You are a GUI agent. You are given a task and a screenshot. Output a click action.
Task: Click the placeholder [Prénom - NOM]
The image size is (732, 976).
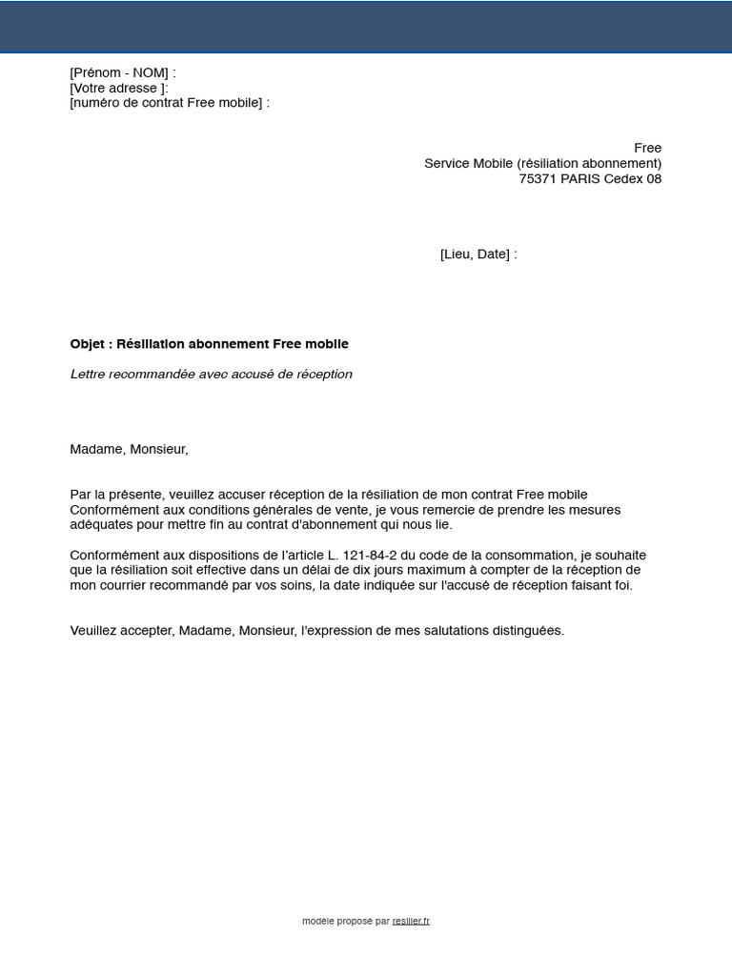coord(119,73)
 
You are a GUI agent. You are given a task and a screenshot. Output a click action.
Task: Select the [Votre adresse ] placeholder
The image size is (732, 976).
coord(117,89)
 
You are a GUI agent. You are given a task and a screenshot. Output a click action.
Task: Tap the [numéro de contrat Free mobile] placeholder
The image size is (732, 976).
coord(166,103)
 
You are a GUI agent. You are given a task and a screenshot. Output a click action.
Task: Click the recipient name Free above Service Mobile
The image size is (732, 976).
coord(647,148)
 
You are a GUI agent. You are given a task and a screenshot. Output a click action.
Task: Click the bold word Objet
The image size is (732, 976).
coord(89,344)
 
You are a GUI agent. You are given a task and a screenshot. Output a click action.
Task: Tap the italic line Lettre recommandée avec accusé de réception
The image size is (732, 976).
coord(211,375)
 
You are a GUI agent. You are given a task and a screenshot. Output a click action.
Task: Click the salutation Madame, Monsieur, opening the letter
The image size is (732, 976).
coord(129,449)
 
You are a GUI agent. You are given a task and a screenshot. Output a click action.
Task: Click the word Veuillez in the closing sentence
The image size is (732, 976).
coord(94,631)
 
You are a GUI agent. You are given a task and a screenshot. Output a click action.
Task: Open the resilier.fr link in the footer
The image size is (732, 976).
coord(411,922)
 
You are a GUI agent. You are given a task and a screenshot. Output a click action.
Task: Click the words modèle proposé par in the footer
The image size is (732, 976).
coord(345,922)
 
